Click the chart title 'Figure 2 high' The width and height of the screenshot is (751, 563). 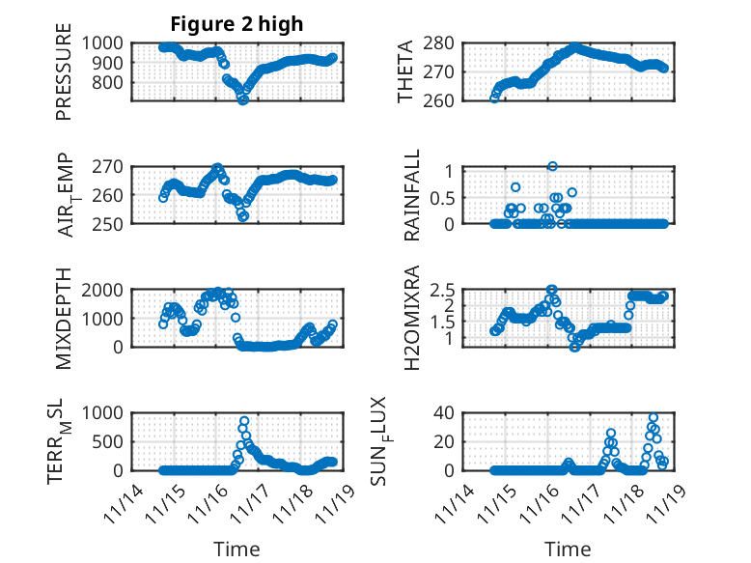pos(236,24)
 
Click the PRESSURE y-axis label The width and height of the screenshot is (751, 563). pos(64,77)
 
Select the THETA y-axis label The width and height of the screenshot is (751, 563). pos(405,72)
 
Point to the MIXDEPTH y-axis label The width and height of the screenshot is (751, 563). pos(64,318)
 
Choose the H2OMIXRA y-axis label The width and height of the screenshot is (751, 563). pos(413,318)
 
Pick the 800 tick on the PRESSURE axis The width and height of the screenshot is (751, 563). pos(108,82)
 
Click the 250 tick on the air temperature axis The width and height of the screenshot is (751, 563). pos(108,223)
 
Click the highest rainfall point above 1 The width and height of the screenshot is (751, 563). pos(552,166)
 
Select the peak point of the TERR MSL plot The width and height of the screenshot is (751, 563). pos(244,421)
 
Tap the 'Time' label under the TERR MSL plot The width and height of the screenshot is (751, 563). pos(236,549)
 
